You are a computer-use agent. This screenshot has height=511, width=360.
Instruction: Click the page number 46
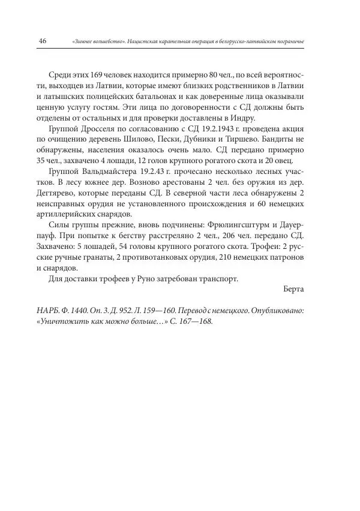(43, 41)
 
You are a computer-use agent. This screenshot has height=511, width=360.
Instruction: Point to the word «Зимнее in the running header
(83, 41)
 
